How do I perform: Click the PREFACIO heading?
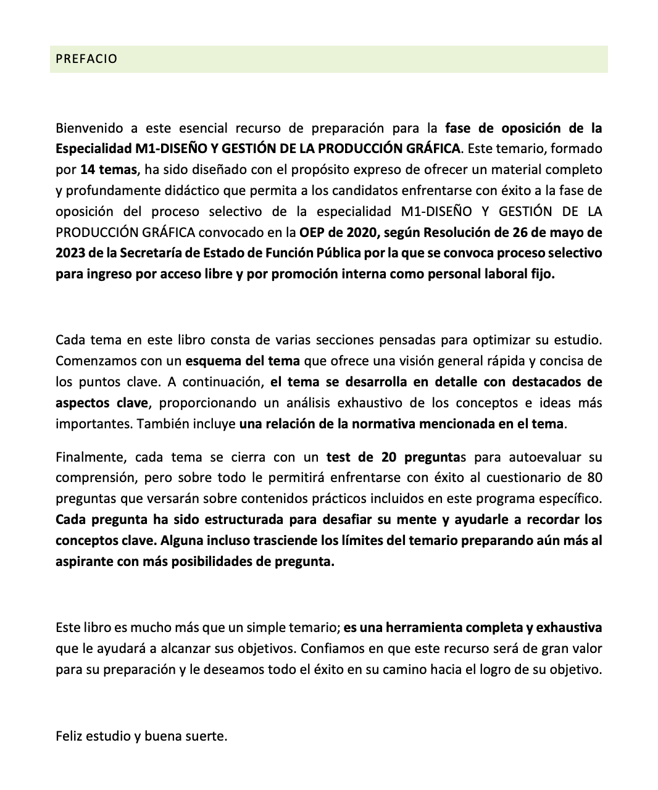(x=86, y=59)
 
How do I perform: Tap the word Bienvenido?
(x=86, y=128)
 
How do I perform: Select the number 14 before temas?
(x=87, y=170)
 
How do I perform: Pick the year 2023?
(x=69, y=253)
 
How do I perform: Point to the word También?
(x=163, y=424)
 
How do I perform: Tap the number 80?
(x=594, y=478)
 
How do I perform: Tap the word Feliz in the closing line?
(x=69, y=736)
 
